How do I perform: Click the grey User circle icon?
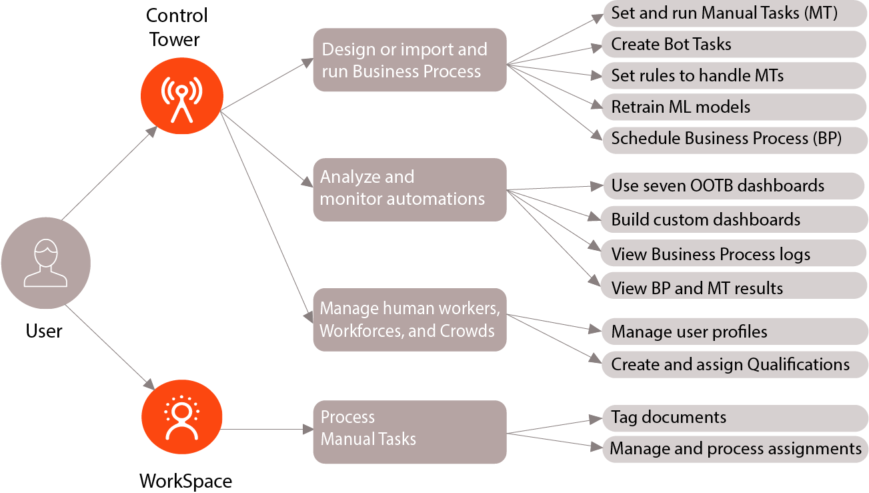[x=46, y=263]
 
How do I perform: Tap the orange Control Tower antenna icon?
[x=182, y=96]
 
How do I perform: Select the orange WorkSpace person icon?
[x=182, y=417]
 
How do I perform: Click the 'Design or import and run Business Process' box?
[x=409, y=60]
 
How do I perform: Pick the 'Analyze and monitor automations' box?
[x=409, y=190]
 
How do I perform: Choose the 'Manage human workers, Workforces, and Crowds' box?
[x=409, y=320]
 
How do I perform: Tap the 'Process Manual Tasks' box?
[x=409, y=432]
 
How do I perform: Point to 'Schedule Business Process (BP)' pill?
[x=735, y=139]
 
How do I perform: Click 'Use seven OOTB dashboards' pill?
[x=734, y=186]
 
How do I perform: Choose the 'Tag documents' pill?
[x=734, y=418]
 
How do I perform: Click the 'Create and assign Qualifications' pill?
[x=734, y=365]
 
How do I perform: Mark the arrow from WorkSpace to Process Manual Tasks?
[x=267, y=430]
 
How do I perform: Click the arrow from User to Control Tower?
[x=109, y=173]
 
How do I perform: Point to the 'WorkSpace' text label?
[x=186, y=482]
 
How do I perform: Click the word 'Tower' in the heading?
[x=175, y=39]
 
